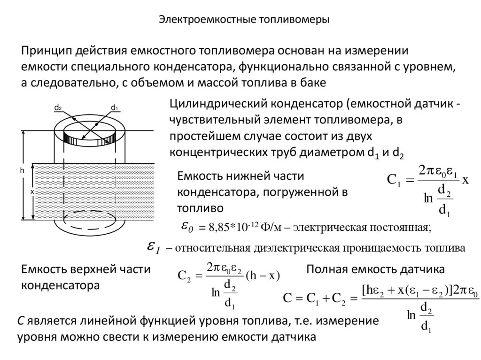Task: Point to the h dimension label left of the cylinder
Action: point(22,171)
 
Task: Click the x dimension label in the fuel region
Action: point(31,192)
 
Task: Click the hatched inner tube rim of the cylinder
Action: point(89,139)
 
